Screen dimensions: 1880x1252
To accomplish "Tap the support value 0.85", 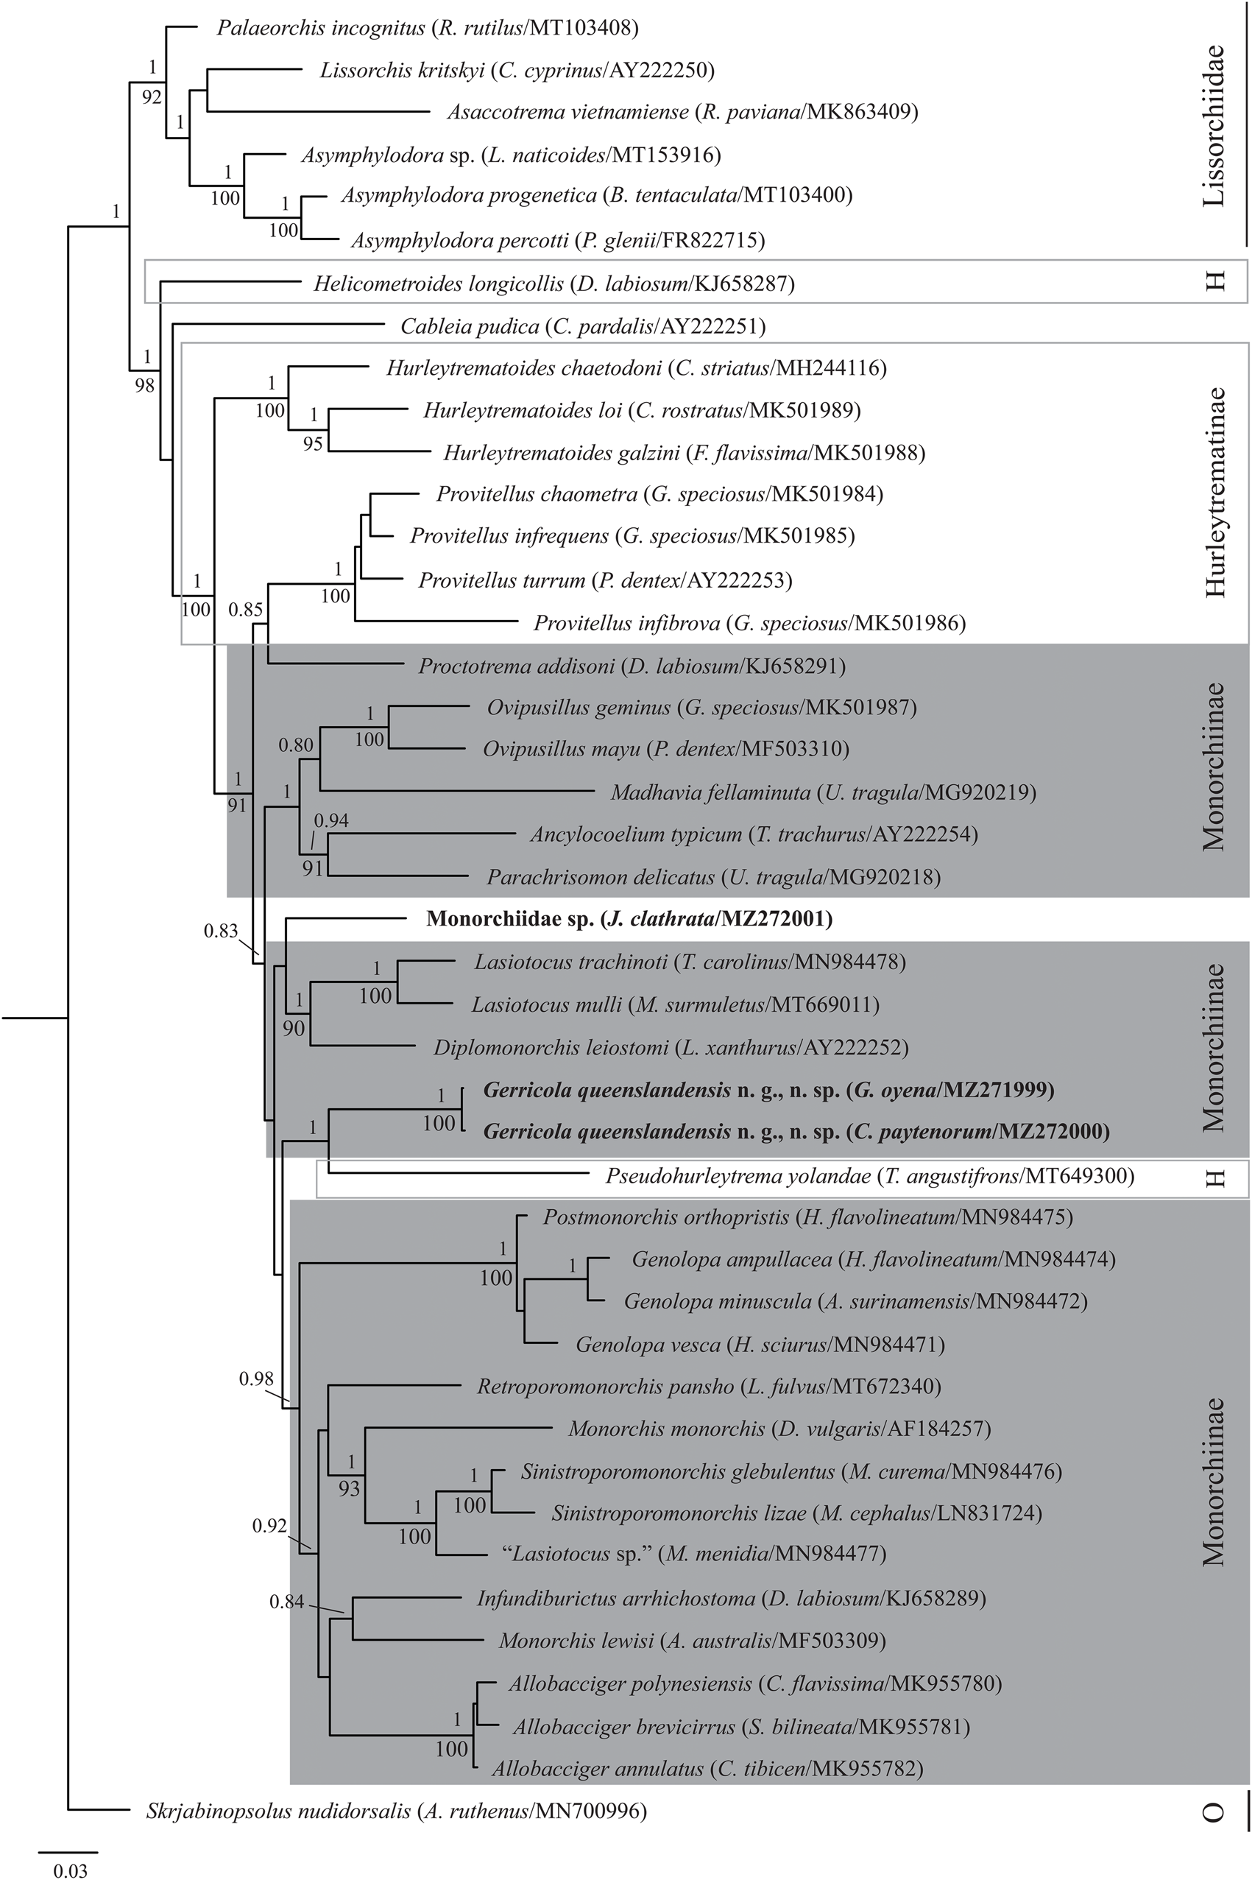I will click(x=245, y=610).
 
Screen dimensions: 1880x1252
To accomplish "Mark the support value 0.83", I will click(x=220, y=930).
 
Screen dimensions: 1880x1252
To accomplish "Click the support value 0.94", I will click(x=331, y=820).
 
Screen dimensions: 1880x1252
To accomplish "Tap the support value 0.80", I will click(x=295, y=746).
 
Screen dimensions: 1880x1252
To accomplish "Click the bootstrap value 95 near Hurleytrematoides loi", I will click(x=313, y=443).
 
